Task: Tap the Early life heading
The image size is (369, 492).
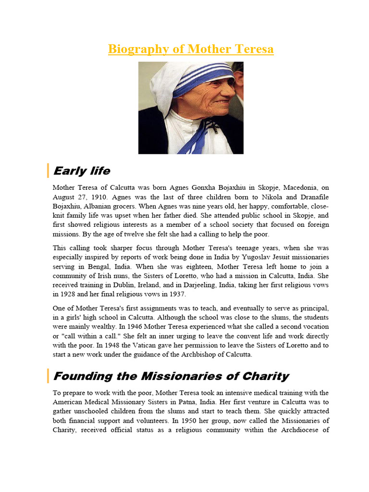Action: coord(82,171)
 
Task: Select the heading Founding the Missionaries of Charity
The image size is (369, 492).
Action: coord(171,376)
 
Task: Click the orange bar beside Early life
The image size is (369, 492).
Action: coord(48,171)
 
